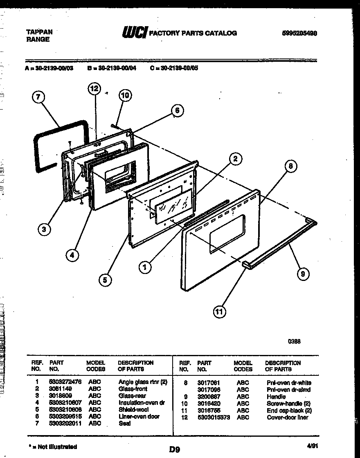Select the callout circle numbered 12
[94, 88]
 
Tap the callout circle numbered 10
[125, 96]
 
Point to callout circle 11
[220, 312]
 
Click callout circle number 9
[303, 274]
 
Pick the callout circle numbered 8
[290, 166]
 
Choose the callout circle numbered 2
[235, 159]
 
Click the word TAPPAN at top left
[39, 32]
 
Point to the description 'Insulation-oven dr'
[141, 403]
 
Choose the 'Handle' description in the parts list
[276, 397]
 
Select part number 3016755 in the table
[209, 411]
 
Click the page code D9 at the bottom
[175, 449]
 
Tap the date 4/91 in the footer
[311, 447]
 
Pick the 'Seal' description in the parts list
[124, 424]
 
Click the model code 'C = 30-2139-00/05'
[174, 68]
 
